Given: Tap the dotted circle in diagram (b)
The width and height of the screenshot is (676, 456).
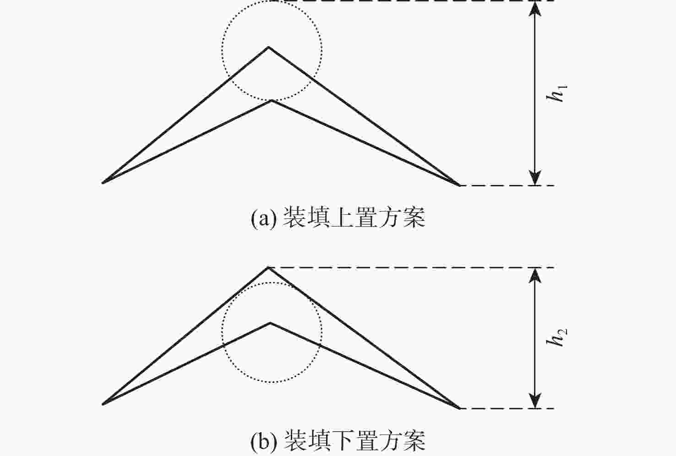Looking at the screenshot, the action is [x=322, y=333].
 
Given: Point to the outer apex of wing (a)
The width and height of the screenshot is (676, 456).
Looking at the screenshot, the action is [x=268, y=47].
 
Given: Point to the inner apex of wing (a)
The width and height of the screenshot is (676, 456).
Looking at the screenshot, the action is [x=272, y=100].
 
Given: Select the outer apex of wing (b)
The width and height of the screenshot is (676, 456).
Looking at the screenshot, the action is [x=268, y=267].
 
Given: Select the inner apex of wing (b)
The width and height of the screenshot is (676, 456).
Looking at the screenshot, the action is [x=270, y=323].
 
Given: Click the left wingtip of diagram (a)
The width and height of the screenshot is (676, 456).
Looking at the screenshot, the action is [x=103, y=183].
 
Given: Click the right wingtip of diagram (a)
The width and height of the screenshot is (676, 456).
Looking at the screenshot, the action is [x=459, y=185].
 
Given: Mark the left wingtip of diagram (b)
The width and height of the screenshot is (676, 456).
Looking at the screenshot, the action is [x=103, y=404].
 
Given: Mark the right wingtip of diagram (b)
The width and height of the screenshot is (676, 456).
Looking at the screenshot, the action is [x=459, y=408].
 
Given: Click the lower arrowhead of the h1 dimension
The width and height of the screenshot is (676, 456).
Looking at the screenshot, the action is [x=535, y=178].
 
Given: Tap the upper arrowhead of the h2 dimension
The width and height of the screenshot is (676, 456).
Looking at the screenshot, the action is [x=535, y=276].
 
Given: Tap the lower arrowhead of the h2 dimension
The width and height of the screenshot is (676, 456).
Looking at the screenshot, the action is [x=535, y=401].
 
